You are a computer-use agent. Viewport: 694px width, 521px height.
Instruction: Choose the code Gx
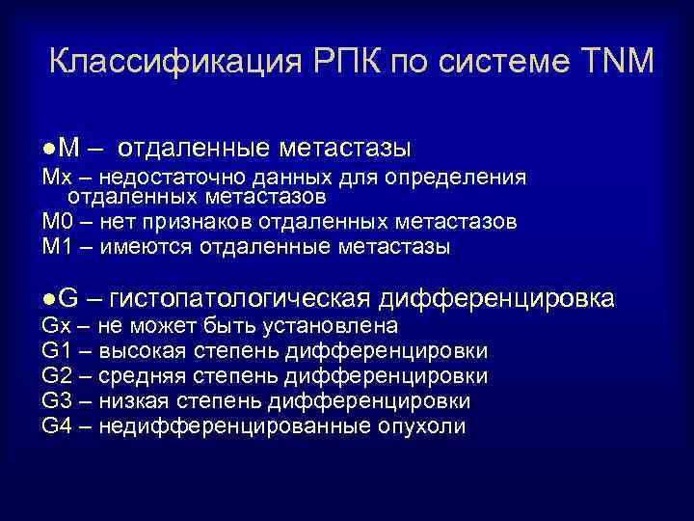point(54,326)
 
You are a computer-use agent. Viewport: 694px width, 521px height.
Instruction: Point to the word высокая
point(138,351)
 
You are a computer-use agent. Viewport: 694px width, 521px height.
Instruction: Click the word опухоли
point(424,426)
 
